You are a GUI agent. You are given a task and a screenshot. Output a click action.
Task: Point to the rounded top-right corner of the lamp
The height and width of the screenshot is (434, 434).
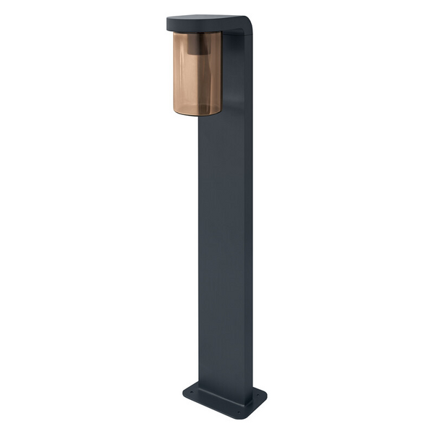click(248, 23)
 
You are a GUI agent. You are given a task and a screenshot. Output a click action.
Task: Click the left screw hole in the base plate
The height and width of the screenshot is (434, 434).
click(191, 392)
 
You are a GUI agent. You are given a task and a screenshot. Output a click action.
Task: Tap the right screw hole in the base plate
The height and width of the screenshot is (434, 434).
click(257, 396)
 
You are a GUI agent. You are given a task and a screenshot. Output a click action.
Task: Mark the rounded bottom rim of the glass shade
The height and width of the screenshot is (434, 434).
click(197, 112)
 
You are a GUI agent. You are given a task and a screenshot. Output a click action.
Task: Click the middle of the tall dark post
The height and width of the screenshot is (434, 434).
click(226, 239)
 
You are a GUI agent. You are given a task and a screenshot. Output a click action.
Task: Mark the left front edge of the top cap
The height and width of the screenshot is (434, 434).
click(169, 26)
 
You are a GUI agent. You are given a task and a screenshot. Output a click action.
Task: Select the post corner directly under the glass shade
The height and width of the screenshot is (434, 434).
click(200, 120)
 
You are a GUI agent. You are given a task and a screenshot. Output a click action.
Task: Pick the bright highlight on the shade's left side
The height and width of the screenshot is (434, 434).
click(178, 72)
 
